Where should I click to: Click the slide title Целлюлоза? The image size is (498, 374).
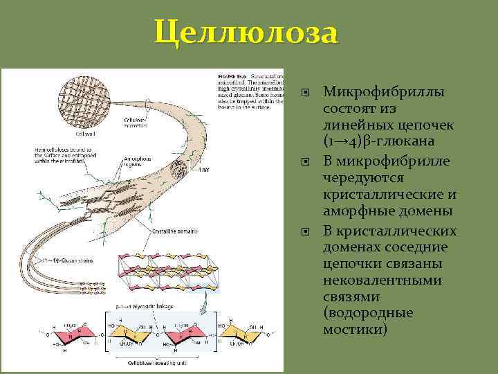(247, 33)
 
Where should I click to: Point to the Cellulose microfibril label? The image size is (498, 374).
(136, 123)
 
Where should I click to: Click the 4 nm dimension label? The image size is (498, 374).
(203, 170)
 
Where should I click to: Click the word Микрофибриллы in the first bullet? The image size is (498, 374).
(384, 93)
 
